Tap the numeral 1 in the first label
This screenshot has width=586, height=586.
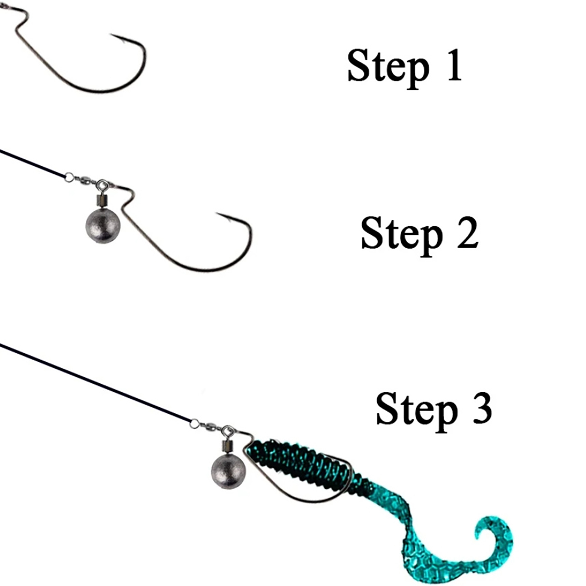pos(455,65)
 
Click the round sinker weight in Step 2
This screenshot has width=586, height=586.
pos(103,226)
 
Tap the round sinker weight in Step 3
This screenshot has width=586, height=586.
pos(228,472)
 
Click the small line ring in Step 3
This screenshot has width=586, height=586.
pos(194,424)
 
